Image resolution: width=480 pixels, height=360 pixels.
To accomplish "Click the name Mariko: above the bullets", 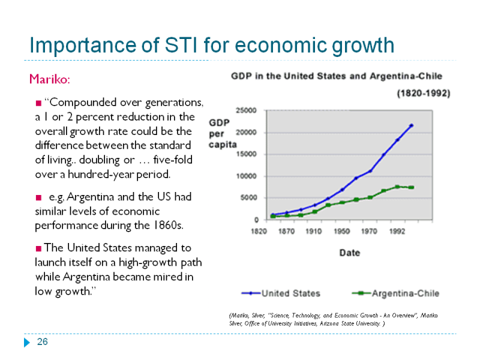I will pos(49,79).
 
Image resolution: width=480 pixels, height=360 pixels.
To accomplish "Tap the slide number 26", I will pos(42,342).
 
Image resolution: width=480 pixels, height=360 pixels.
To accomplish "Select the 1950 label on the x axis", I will pos(341,230).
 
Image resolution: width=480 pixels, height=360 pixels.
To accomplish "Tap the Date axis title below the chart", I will pos(350,253).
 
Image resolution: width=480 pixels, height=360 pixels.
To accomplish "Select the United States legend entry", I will pos(290,293).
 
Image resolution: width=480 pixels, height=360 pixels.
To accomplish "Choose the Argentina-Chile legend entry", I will pos(406,293).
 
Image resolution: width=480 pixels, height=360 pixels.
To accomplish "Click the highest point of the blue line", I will pos(411,125).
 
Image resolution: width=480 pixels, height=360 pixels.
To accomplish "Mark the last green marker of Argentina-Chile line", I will pos(411,187).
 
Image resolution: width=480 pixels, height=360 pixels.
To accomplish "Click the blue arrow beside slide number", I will pos(26,343).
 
